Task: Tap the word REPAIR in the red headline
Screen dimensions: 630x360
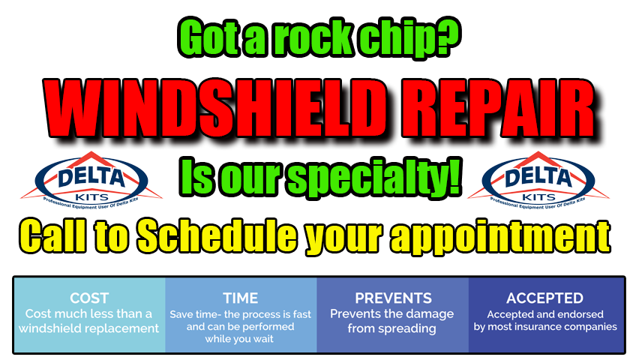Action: pyautogui.click(x=498, y=109)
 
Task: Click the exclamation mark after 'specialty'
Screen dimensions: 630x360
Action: pyautogui.click(x=453, y=177)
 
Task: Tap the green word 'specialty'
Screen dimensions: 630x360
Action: pyautogui.click(x=363, y=179)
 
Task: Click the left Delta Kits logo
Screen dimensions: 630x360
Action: pyautogui.click(x=91, y=181)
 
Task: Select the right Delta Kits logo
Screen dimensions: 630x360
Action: pyautogui.click(x=538, y=181)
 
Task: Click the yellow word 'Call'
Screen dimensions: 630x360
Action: pyautogui.click(x=52, y=235)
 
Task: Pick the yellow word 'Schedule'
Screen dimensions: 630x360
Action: pyautogui.click(x=217, y=235)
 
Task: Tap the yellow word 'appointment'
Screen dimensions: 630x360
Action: pyautogui.click(x=501, y=238)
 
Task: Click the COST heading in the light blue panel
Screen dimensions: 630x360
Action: pyautogui.click(x=89, y=298)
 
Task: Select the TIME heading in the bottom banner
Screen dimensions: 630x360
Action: pyautogui.click(x=241, y=298)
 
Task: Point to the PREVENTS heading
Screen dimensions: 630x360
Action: pyautogui.click(x=393, y=298)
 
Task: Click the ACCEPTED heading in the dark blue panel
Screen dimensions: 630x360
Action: pyautogui.click(x=544, y=298)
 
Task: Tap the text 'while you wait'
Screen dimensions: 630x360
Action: pyautogui.click(x=239, y=339)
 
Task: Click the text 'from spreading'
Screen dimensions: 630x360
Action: pyautogui.click(x=391, y=328)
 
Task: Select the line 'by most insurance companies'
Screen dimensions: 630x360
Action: pyautogui.click(x=545, y=327)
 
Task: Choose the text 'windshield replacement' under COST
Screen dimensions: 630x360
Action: pyautogui.click(x=88, y=328)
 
